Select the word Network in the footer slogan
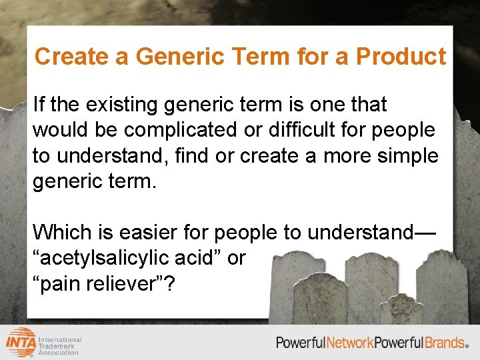point(349,343)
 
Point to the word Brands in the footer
point(444,343)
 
